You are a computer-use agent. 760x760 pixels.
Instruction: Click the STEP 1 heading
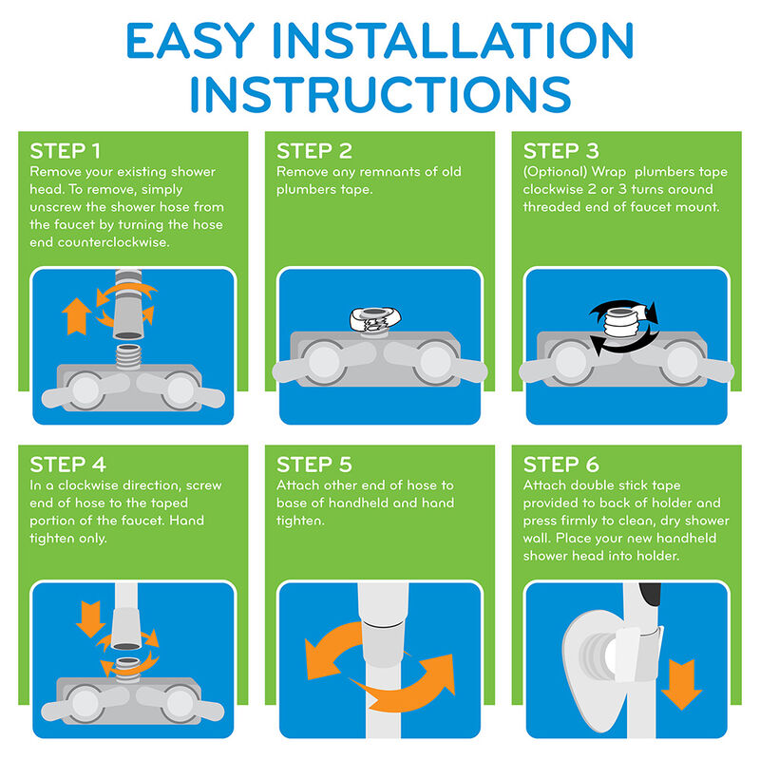coord(65,151)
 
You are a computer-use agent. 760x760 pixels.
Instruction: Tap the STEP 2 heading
coord(314,151)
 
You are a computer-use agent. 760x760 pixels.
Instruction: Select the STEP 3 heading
coord(560,151)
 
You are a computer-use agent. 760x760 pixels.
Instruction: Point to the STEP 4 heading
coord(67,465)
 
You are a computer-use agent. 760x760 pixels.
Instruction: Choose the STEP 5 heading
coord(314,465)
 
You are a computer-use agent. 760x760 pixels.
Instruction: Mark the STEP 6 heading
coord(560,465)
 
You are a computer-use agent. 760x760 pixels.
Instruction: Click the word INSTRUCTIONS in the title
coord(381,94)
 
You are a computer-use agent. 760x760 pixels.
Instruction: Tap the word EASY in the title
coord(190,41)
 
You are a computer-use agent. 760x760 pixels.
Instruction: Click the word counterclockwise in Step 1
coord(113,242)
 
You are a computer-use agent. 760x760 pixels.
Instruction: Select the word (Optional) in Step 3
coord(555,173)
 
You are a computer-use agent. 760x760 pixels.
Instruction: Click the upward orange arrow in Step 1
coord(76,316)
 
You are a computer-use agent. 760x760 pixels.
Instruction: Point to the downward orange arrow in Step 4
coord(90,619)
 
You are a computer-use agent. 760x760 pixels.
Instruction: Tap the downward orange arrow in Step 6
coord(681,684)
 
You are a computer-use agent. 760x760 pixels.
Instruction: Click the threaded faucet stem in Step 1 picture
coord(128,357)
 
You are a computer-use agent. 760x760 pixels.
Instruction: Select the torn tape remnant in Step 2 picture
coord(374,320)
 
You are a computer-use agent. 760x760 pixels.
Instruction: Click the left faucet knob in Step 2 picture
coord(324,362)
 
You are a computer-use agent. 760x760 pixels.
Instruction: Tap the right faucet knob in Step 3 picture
coord(682,362)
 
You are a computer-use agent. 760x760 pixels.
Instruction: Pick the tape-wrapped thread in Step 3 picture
coord(621,323)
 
